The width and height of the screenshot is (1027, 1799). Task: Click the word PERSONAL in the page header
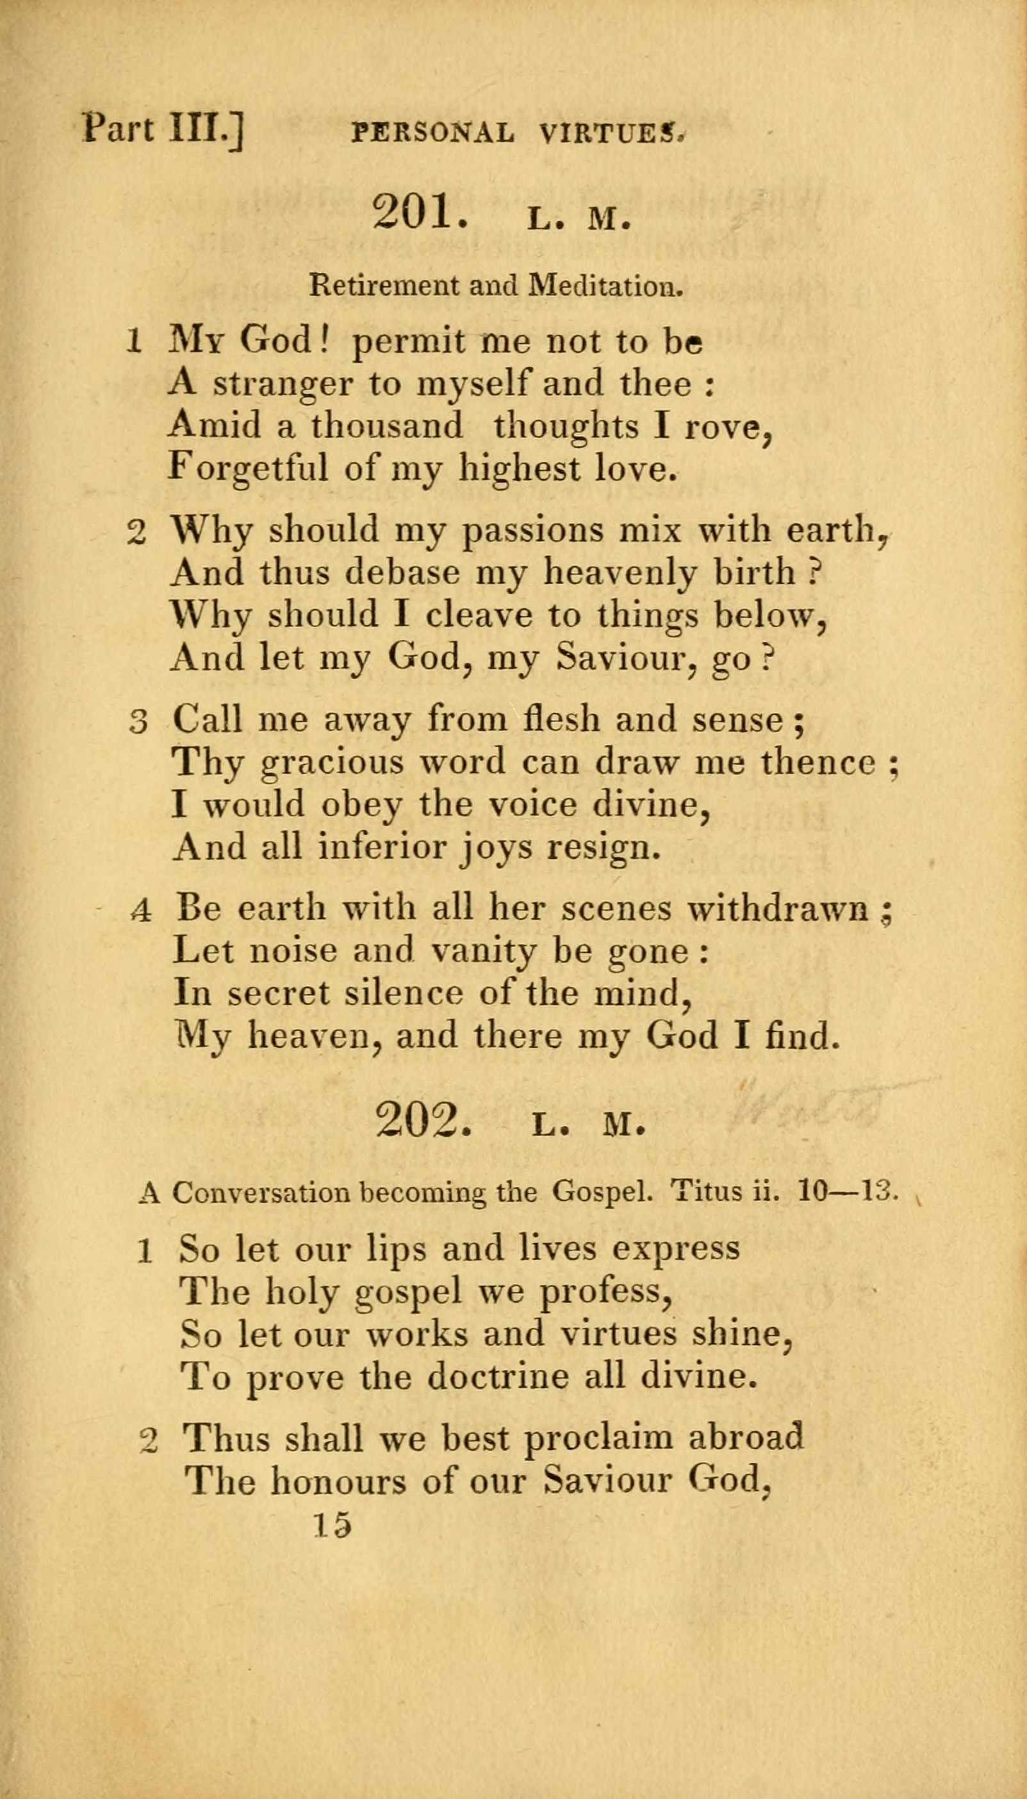click(432, 133)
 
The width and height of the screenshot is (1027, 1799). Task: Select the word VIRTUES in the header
click(611, 133)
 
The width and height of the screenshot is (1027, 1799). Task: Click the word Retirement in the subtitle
click(384, 286)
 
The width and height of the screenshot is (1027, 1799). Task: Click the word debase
click(401, 573)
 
